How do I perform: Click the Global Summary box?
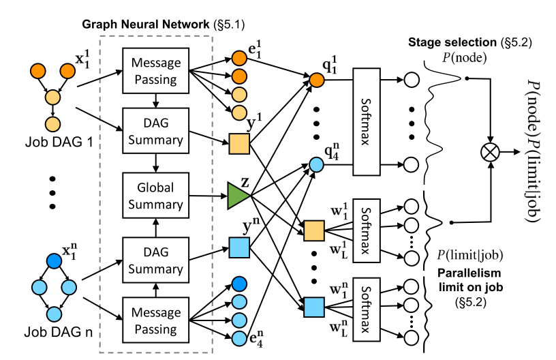[156, 196]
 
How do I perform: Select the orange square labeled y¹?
[238, 142]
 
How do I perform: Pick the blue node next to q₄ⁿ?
[316, 164]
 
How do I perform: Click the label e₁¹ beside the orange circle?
[257, 49]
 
